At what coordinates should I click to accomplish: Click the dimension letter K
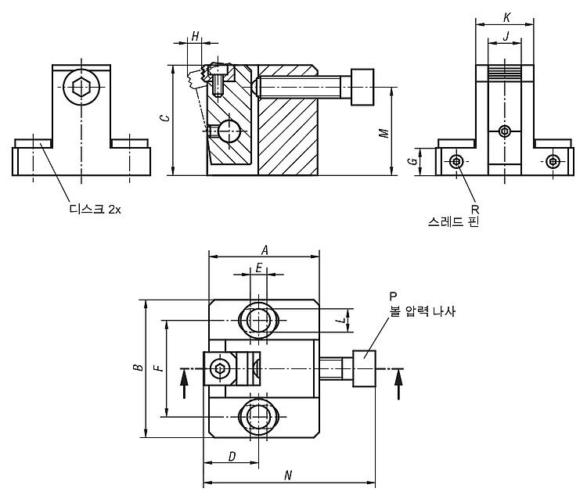(507, 17)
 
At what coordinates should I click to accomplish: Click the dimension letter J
(506, 36)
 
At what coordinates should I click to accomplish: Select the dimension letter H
(195, 37)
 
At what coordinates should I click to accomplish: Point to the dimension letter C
(164, 118)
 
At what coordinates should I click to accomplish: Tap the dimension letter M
(384, 133)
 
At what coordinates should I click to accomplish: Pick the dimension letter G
(412, 161)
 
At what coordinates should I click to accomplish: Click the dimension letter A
(265, 249)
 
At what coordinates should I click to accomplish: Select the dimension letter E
(259, 267)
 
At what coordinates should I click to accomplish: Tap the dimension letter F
(160, 368)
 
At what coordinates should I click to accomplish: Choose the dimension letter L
(340, 321)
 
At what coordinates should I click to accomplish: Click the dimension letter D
(232, 456)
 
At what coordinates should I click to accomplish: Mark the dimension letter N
(288, 476)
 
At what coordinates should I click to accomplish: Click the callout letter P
(393, 296)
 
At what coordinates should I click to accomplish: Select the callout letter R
(475, 210)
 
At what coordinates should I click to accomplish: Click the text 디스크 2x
(95, 209)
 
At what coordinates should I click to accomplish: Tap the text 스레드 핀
(454, 222)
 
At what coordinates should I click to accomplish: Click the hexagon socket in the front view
(81, 87)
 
